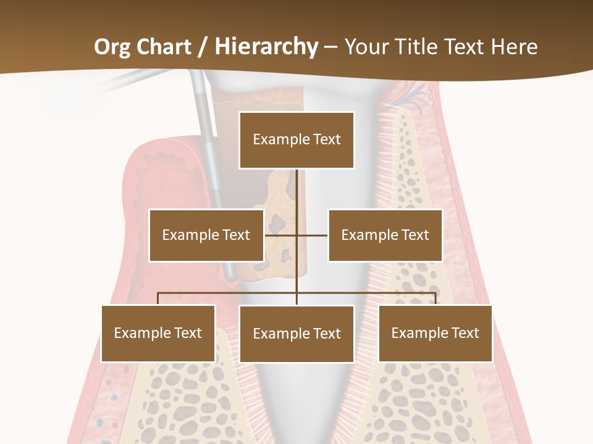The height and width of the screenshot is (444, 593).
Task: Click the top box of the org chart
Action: (x=296, y=140)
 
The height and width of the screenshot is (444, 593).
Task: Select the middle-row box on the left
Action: (x=206, y=235)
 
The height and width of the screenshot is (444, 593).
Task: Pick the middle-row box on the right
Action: (x=385, y=235)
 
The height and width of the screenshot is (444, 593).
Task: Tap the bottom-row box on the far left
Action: (x=158, y=333)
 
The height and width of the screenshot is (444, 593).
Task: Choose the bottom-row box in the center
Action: (x=296, y=334)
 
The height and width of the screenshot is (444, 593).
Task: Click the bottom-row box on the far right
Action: (x=435, y=333)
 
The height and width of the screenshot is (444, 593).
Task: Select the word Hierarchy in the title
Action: (x=266, y=47)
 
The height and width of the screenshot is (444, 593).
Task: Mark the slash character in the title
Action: (x=203, y=47)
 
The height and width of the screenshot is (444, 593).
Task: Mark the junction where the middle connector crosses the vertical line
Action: (x=296, y=235)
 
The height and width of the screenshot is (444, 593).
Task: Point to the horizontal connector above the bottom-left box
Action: (x=204, y=293)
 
